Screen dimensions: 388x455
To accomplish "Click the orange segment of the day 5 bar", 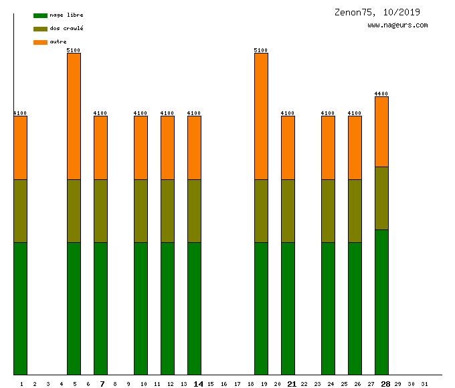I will (x=74, y=116).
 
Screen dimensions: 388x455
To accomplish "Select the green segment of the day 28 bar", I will (x=381, y=302).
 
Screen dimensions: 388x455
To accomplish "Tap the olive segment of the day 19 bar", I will (x=261, y=211).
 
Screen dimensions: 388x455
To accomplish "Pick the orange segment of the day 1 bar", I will (x=21, y=148).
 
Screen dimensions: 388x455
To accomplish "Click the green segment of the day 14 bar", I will (x=194, y=308).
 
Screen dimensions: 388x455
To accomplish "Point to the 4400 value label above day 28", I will (x=381, y=94).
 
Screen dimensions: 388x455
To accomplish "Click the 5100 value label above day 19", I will (x=261, y=50).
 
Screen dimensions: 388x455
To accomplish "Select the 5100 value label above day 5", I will (x=74, y=50).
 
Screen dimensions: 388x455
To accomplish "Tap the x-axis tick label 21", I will (x=292, y=384).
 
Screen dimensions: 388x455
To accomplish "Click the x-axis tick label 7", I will (x=102, y=384).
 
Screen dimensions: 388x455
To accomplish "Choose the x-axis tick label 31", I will (x=424, y=384).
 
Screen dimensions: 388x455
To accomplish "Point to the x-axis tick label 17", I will (x=237, y=384).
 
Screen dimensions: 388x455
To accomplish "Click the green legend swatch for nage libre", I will (x=40, y=15).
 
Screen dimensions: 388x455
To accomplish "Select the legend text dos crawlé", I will (x=66, y=29).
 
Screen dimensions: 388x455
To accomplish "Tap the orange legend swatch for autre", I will (x=40, y=42).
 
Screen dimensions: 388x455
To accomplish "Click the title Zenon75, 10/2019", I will (x=377, y=12).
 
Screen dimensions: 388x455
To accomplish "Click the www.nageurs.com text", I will (x=397, y=25).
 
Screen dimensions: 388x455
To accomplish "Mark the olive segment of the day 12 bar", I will (x=167, y=211).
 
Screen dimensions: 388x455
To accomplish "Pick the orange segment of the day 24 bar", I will (x=328, y=148).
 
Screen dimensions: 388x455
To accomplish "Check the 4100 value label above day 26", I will (x=355, y=113).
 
